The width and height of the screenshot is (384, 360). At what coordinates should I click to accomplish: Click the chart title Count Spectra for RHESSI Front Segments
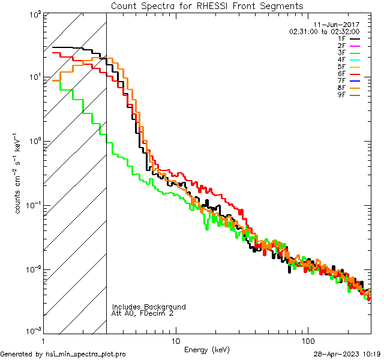207,5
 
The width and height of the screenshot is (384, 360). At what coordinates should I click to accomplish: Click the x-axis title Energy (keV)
207,349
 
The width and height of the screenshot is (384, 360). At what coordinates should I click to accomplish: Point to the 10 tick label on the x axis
175,340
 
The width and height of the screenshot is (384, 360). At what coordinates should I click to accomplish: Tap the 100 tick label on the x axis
307,340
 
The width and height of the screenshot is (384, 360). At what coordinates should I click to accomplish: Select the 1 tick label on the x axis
44,340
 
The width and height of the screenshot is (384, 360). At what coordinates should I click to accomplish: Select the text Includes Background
149,307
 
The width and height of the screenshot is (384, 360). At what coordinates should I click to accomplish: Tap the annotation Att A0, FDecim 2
143,314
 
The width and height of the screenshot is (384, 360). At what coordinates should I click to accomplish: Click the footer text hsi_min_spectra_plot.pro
86,355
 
